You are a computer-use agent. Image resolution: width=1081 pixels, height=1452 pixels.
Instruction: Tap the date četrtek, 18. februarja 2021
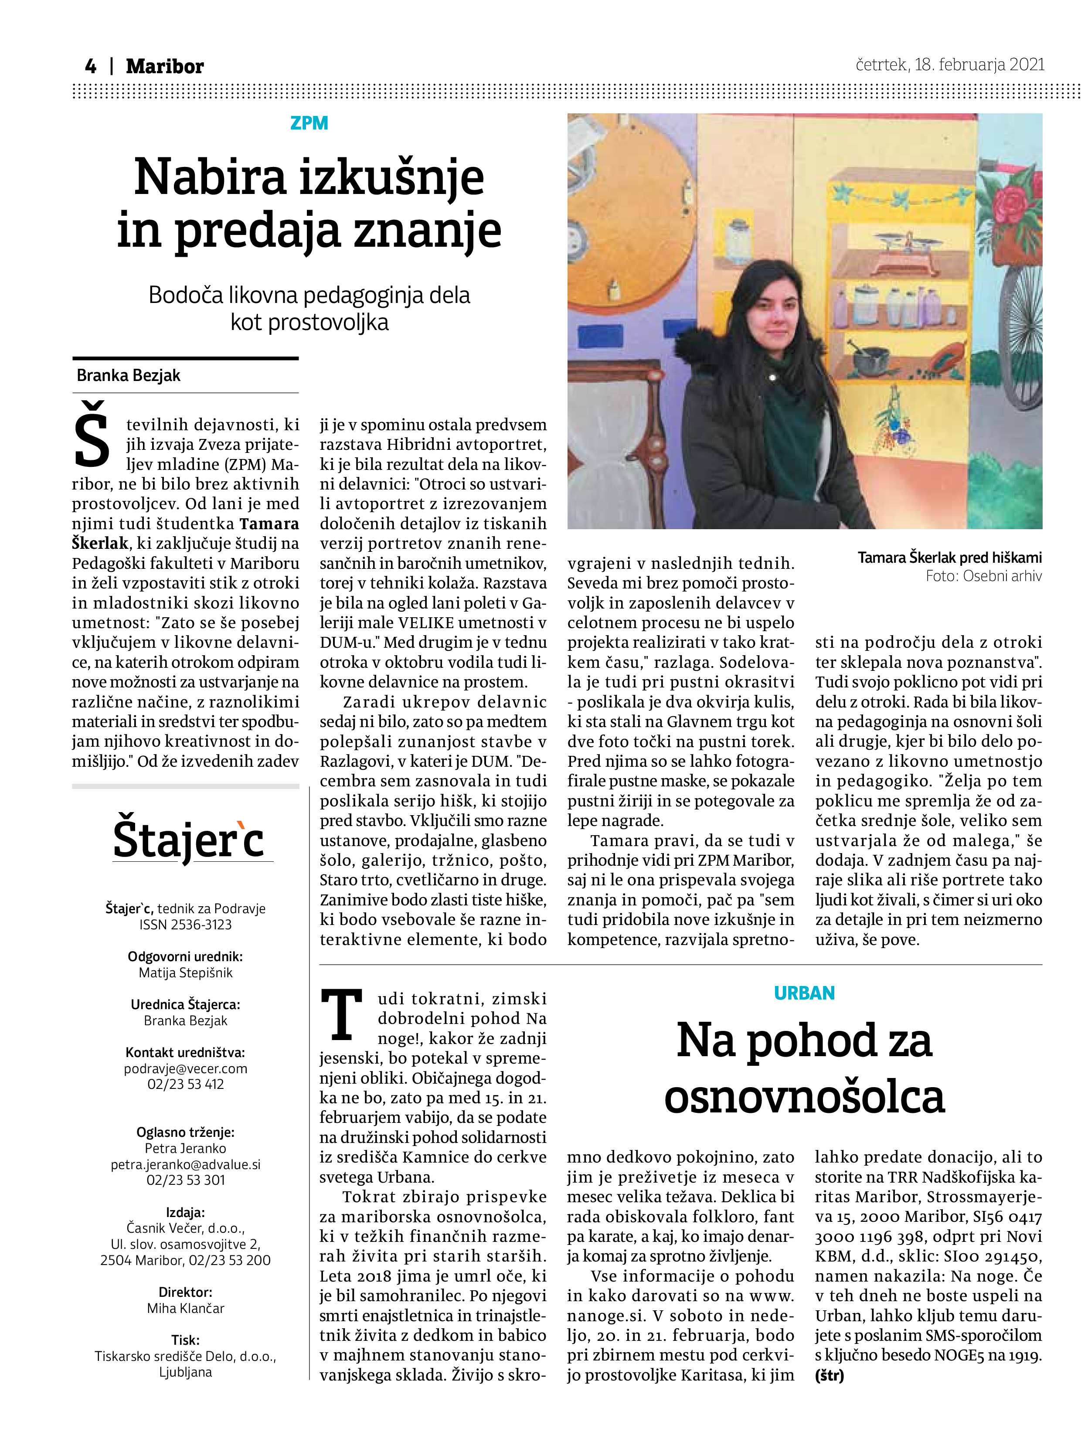tap(949, 65)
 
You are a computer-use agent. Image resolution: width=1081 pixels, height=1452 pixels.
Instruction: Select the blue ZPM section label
tap(309, 123)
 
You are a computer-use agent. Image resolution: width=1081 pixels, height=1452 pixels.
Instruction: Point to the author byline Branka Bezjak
tap(128, 376)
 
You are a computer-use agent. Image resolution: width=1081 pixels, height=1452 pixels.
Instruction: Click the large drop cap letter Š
tap(92, 435)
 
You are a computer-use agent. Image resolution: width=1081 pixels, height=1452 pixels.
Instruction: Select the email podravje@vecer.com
tap(186, 1068)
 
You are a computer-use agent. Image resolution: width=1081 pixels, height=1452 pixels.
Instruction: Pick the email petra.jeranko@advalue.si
tap(186, 1164)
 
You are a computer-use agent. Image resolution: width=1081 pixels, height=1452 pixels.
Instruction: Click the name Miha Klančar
tap(186, 1308)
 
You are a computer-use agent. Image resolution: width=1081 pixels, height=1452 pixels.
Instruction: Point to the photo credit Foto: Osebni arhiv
tap(983, 576)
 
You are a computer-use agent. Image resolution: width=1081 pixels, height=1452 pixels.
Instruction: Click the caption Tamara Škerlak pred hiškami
tap(949, 558)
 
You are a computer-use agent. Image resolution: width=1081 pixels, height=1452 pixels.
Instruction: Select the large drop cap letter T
tap(341, 1015)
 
